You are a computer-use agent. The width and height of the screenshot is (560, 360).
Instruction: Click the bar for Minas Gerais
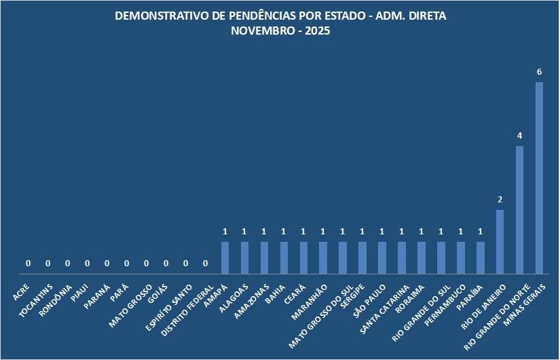540,178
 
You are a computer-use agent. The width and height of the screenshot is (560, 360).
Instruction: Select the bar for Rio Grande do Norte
520,210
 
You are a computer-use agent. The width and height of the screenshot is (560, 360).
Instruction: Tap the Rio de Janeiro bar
500,242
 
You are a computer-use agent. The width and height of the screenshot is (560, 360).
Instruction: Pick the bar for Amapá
225,258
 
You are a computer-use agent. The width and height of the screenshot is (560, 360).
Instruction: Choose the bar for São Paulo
382,258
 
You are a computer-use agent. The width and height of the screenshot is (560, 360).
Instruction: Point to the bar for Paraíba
481,258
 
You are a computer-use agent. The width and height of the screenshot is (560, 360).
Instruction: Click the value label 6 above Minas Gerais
540,72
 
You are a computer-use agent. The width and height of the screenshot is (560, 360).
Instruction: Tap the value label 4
520,136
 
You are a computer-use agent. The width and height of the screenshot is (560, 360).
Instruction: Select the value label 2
500,200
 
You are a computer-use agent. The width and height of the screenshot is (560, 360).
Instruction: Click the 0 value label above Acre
29,264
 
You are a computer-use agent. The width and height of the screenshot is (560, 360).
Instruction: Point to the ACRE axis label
22,293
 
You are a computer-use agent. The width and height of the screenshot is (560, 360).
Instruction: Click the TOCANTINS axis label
37,299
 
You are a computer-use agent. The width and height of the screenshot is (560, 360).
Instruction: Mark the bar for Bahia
284,258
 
